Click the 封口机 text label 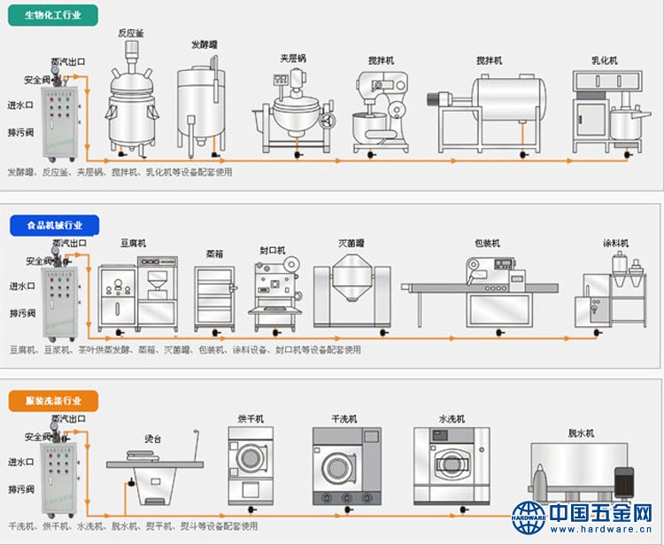tap(272, 251)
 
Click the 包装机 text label tap(487, 243)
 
